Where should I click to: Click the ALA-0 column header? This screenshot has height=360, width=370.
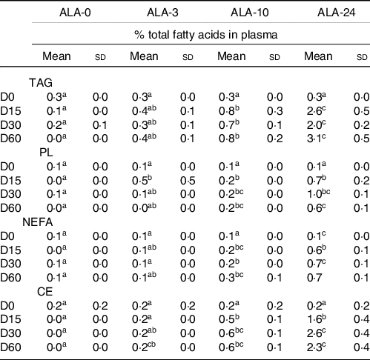[75, 13]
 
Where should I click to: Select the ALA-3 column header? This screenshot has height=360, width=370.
[162, 13]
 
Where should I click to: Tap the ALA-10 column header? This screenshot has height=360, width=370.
[250, 13]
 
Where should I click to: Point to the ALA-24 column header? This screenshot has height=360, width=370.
[337, 13]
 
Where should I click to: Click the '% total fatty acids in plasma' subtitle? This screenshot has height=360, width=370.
[206, 35]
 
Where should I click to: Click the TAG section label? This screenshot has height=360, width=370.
[41, 83]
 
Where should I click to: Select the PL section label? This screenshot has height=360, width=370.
[46, 153]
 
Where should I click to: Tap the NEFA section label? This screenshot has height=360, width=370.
[38, 222]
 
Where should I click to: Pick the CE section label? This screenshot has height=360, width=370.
[45, 292]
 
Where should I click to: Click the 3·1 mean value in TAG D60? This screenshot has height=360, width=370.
[314, 139]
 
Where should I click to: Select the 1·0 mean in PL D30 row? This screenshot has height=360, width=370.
[314, 194]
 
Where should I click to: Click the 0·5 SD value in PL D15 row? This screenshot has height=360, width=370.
[188, 181]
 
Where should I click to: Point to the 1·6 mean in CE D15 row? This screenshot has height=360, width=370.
[314, 320]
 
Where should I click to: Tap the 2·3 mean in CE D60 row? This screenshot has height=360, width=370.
[314, 347]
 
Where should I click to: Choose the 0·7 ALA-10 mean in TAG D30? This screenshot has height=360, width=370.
[227, 125]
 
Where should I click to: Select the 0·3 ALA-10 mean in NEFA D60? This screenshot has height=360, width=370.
[227, 278]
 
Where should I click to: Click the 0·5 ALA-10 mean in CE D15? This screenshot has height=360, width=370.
[227, 320]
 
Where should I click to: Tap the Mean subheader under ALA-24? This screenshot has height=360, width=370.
[318, 56]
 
